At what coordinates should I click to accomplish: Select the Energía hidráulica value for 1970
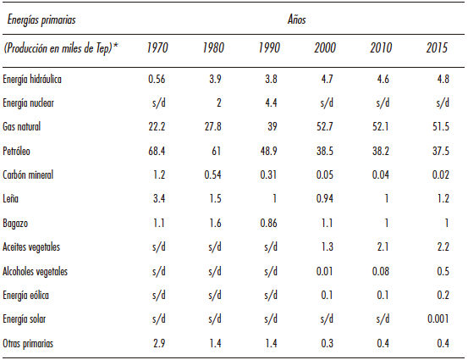coord(156,79)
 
